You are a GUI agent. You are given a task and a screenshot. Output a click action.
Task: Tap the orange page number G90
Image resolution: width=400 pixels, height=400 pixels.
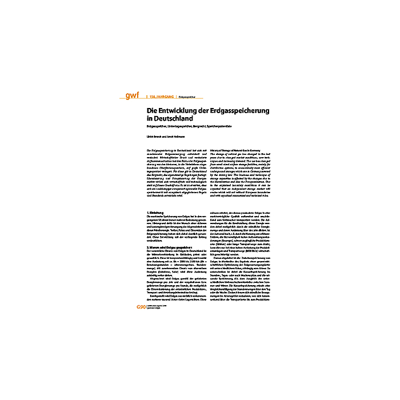(x=141, y=307)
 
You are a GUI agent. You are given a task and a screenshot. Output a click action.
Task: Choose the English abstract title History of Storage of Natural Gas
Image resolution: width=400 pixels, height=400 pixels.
(x=226, y=149)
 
